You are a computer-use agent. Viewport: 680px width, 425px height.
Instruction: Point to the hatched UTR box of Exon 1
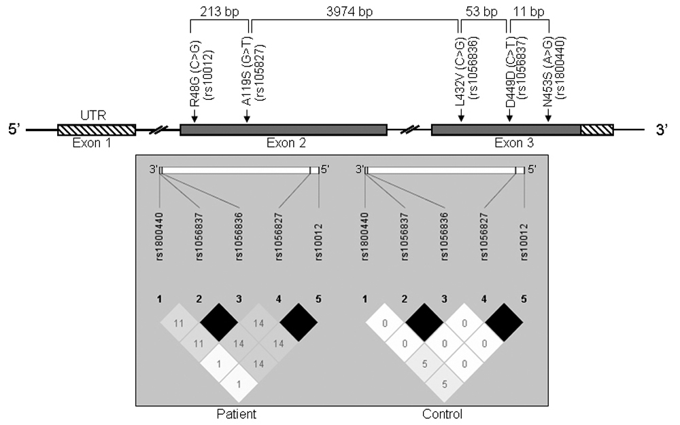[97, 129]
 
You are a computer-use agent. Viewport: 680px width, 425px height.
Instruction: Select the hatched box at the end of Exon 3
[597, 129]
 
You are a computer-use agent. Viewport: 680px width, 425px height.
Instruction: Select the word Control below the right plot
[443, 413]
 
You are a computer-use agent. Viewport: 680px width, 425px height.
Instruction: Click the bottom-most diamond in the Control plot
[444, 384]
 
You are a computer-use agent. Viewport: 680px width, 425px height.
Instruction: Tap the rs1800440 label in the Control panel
[365, 235]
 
